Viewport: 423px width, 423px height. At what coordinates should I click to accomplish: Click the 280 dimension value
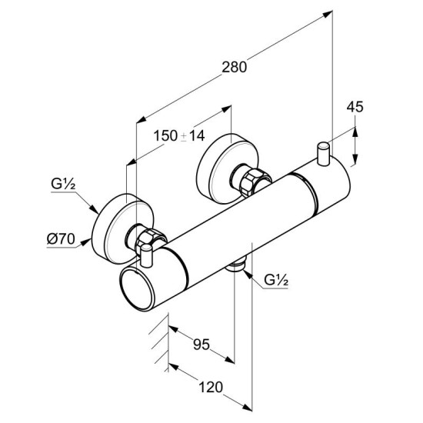234,67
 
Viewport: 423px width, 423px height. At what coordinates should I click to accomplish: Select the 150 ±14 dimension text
179,135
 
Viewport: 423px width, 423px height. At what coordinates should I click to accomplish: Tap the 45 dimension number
355,107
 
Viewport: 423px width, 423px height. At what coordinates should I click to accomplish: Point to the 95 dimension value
202,345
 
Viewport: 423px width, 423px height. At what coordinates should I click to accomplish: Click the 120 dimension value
211,387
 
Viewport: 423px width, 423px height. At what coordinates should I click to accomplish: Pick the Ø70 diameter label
61,238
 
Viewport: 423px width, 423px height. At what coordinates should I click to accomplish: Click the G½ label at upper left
63,185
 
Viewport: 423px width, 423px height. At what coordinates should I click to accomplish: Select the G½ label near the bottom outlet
276,280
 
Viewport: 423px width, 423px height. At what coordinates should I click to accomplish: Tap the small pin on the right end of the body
324,153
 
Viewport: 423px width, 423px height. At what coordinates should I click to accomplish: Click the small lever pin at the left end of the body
147,255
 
